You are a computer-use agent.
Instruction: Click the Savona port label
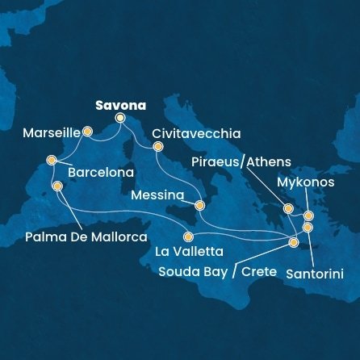point(120,105)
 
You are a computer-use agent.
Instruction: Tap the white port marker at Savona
point(120,118)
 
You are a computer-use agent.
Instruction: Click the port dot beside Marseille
point(87,130)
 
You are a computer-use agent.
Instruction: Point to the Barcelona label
point(100,173)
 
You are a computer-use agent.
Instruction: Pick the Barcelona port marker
point(52,160)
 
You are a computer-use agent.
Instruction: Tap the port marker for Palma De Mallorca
point(57,186)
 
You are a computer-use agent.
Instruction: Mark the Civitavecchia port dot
point(157,146)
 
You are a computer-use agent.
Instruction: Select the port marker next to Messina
point(199,206)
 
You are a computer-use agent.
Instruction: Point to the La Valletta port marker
point(188,237)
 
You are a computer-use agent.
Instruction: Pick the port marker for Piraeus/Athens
point(287,208)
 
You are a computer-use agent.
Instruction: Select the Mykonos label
point(305,182)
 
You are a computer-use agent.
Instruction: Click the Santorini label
point(316,274)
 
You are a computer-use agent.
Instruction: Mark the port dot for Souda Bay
point(294,241)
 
